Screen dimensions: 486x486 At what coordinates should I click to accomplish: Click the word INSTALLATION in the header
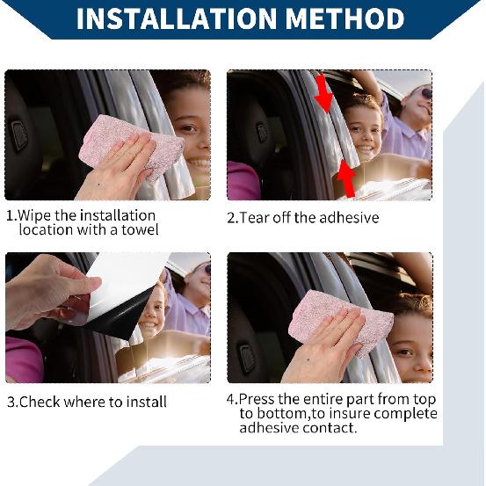(177, 19)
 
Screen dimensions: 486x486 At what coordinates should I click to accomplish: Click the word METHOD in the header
(345, 19)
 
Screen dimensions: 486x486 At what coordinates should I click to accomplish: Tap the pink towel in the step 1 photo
(132, 147)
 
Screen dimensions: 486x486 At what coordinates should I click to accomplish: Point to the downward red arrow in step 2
(324, 93)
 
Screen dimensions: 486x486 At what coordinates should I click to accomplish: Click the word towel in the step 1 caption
(140, 230)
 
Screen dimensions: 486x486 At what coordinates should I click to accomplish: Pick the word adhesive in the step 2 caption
(349, 218)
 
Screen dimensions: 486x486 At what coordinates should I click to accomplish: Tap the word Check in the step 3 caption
(40, 402)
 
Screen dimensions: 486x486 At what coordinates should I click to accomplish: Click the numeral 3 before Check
(11, 402)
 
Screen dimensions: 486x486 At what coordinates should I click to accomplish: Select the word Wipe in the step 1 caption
(34, 215)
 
